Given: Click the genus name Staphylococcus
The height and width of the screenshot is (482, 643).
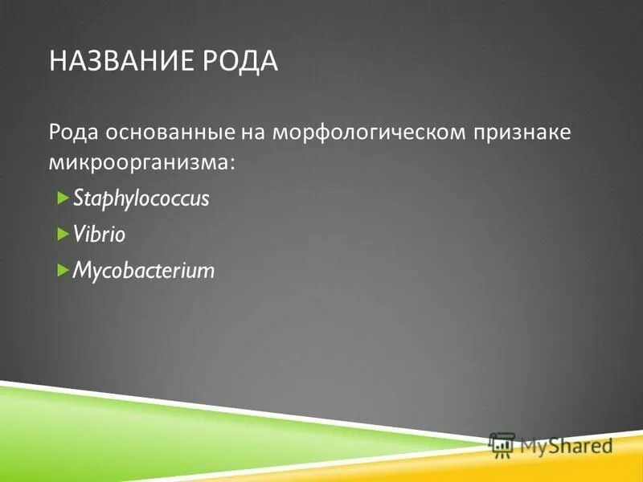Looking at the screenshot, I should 141,199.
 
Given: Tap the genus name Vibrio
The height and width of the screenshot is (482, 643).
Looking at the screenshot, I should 100,235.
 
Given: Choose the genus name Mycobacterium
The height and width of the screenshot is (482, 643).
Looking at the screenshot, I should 144,271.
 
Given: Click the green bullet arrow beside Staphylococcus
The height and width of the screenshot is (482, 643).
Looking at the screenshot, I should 63,198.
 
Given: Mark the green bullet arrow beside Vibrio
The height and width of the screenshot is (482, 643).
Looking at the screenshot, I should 63,234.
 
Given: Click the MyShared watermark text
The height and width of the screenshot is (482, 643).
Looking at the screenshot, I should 566,444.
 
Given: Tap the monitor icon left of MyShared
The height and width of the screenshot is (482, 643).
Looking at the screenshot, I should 502,444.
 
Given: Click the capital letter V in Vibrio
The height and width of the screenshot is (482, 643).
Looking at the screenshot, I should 79,235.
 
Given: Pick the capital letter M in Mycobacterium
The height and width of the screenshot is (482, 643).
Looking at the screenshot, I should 81,271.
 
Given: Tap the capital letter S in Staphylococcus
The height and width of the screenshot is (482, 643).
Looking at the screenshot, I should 77,198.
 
